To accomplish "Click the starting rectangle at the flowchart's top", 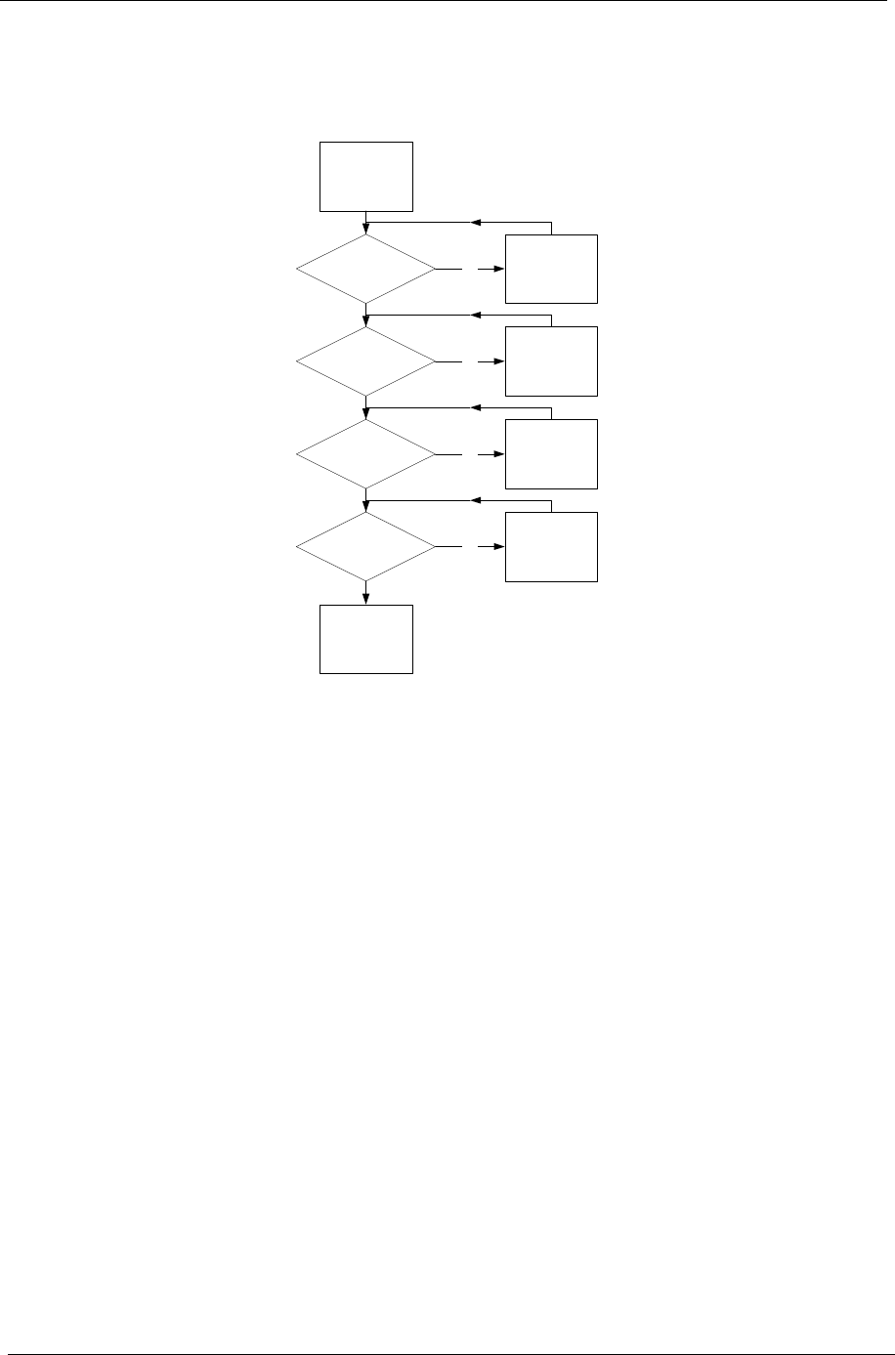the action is click(x=366, y=176).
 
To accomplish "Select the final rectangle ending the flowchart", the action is click(x=366, y=639).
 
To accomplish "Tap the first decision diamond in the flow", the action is click(x=366, y=269).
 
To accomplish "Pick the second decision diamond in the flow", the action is click(x=366, y=361).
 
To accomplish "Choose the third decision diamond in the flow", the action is click(x=366, y=454).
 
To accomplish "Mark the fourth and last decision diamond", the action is click(x=366, y=547).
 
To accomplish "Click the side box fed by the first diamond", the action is click(x=551, y=269).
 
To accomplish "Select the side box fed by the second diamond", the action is click(x=551, y=361).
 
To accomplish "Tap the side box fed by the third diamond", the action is click(x=551, y=454).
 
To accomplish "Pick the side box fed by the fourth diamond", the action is click(x=551, y=547).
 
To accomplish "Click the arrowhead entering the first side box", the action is click(x=499, y=269).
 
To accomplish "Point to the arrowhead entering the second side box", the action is click(x=499, y=361).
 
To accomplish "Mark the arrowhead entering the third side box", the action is click(x=499, y=454).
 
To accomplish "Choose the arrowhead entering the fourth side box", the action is click(x=499, y=547).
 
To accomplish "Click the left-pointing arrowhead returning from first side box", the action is click(x=475, y=223).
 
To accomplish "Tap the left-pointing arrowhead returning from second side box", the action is click(x=475, y=316).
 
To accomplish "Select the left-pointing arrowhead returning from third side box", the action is click(x=475, y=408).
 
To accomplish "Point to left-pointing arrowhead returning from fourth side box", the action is click(x=475, y=500).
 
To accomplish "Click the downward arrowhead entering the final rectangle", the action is click(x=366, y=600).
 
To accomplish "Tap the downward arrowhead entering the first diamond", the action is click(x=366, y=230).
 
